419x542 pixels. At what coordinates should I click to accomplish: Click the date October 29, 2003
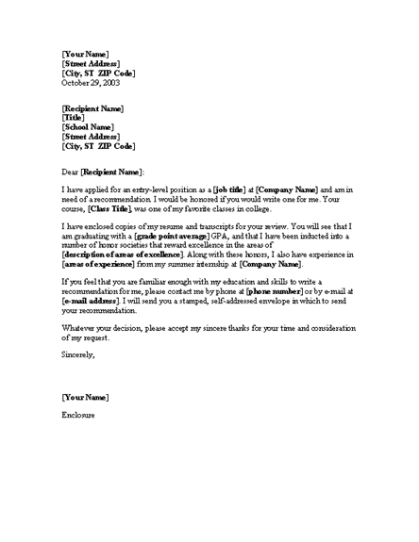91,83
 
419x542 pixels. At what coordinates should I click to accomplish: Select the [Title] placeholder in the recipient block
76,118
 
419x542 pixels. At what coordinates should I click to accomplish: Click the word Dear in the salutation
71,172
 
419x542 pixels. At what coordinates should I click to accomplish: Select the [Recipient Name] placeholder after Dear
126,172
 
